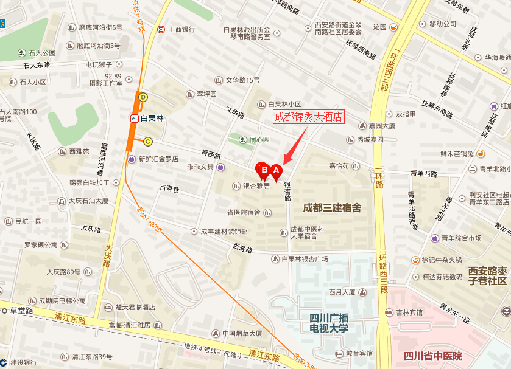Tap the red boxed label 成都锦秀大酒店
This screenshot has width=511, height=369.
point(309,117)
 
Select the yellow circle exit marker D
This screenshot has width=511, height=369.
point(144,97)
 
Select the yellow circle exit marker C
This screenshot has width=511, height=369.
point(147,142)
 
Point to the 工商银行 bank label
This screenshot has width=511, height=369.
point(181,29)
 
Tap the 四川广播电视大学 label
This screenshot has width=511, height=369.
point(328,323)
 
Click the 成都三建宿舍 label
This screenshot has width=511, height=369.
point(332,208)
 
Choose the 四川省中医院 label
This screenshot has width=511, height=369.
point(433,356)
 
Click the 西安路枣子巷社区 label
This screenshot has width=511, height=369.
point(487,275)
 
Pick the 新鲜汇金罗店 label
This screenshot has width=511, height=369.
point(158,159)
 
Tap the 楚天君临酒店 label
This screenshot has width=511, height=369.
point(135,307)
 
